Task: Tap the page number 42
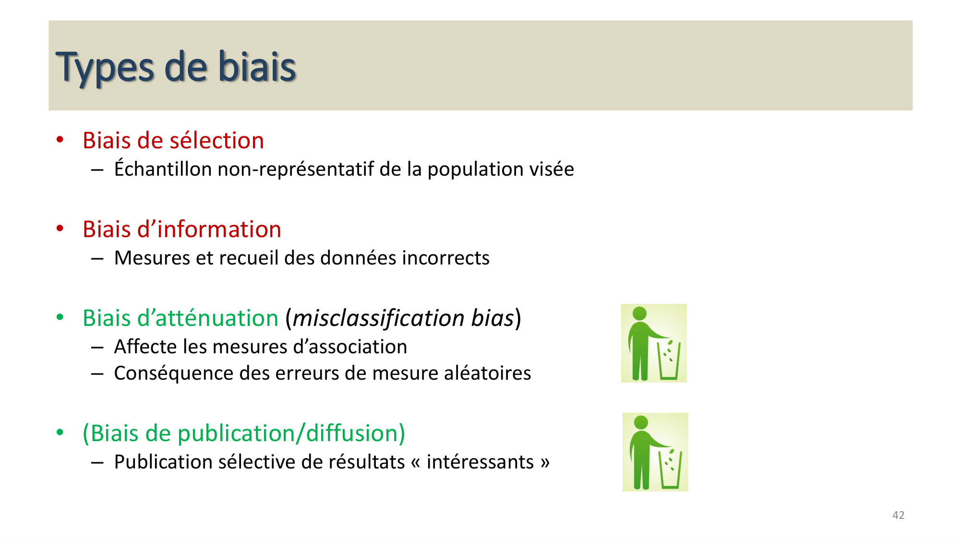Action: pos(898,515)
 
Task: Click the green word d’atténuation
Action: pos(207,318)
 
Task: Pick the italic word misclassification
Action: pos(378,318)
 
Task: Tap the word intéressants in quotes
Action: pos(480,462)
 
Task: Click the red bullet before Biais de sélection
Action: pos(60,140)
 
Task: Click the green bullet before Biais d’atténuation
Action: pos(60,317)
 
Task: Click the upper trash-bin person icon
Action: pos(654,343)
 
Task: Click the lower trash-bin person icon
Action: pos(655,452)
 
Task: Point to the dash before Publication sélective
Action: pos(97,463)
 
